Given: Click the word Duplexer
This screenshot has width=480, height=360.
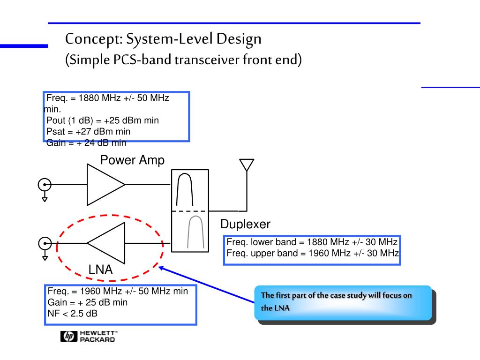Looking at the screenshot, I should tap(245, 225).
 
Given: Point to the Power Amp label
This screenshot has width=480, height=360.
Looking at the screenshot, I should tap(132, 160).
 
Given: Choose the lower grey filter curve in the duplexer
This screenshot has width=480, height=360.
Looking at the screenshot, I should tap(195, 232).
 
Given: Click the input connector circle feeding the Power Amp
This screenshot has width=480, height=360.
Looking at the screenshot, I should tap(45, 184).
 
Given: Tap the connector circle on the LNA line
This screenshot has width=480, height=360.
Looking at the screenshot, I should tap(45, 243).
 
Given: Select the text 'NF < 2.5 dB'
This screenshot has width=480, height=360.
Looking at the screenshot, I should tap(73, 313).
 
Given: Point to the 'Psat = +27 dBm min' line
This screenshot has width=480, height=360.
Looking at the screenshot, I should tap(88, 131).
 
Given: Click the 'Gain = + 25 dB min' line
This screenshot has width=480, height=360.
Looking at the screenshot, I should tap(88, 302).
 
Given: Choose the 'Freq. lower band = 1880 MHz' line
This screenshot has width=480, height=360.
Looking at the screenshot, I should tap(312, 242).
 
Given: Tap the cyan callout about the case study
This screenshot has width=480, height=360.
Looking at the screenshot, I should tap(343, 302).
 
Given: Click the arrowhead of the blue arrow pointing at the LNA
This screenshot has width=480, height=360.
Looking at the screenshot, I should tap(161, 268).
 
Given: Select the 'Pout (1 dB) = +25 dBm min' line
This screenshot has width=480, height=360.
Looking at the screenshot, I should tap(103, 120).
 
